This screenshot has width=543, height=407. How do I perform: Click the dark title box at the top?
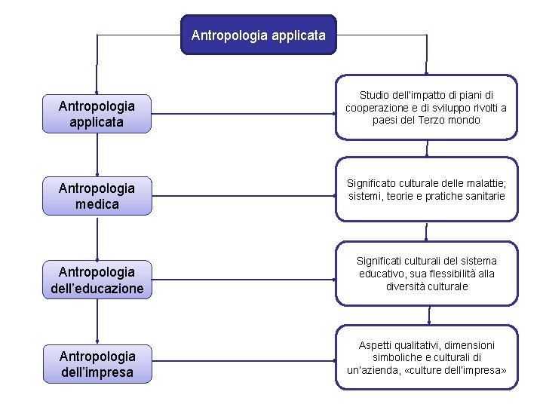258,35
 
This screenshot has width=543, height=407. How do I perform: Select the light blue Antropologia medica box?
97,196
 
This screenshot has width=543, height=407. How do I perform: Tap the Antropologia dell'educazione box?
97,280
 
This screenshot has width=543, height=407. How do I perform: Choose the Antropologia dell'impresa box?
97,364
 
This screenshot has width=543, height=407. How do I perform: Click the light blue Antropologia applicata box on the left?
97,114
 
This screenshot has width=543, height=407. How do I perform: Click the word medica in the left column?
97,203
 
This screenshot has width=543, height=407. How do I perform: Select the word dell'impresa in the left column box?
97,372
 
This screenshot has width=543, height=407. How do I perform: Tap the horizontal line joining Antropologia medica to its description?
243,195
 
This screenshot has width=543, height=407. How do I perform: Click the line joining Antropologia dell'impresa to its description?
243,363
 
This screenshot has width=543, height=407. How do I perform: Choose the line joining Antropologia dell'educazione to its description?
243,279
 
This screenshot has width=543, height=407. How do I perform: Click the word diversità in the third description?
406,286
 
